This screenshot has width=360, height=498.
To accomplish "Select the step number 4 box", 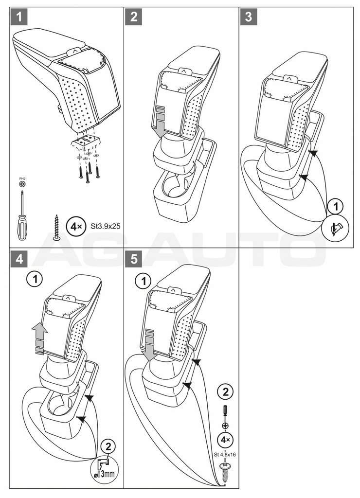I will [x=19, y=259].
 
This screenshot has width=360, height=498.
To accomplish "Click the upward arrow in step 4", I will [x=39, y=338].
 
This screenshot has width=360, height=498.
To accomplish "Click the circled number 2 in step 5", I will [x=225, y=391].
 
